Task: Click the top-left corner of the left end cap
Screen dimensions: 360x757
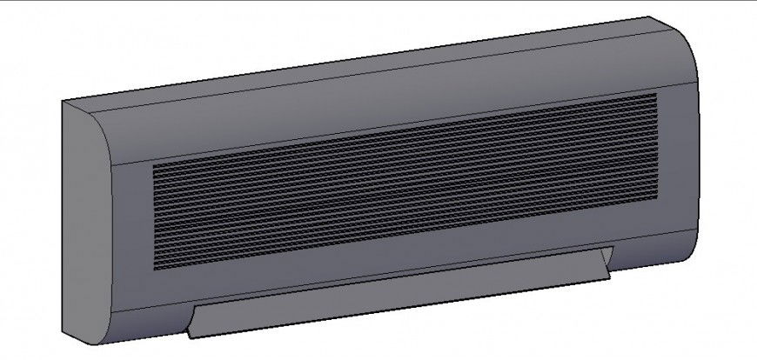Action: tap(63, 102)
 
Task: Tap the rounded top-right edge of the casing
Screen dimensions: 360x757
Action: tap(687, 48)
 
